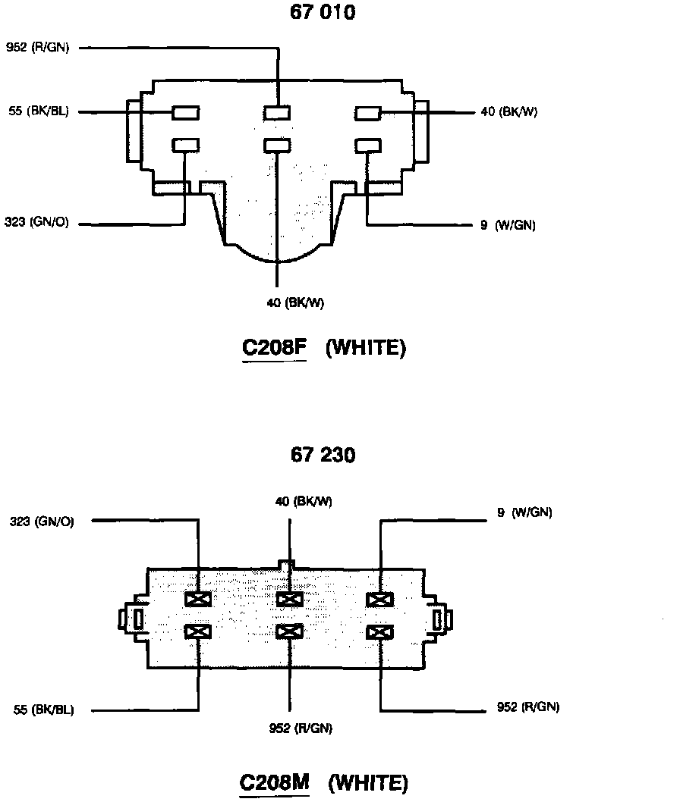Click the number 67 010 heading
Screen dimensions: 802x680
(x=322, y=13)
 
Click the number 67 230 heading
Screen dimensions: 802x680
(x=322, y=456)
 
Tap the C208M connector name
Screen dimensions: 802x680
(x=275, y=782)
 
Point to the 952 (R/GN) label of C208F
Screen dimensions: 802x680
(x=37, y=48)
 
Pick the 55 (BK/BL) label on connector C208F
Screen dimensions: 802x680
(x=37, y=112)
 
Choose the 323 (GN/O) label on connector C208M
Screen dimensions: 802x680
(x=42, y=522)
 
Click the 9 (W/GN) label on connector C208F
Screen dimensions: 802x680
(x=508, y=225)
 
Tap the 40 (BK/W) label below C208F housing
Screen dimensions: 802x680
(x=295, y=303)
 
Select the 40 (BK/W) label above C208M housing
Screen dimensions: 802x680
(x=304, y=501)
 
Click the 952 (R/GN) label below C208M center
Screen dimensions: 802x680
(x=301, y=728)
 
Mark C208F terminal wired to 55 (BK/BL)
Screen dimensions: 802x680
(x=186, y=113)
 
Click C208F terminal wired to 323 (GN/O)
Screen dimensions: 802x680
(x=186, y=144)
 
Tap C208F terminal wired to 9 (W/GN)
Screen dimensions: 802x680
(x=368, y=145)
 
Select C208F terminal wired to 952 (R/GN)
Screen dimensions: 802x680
(x=277, y=113)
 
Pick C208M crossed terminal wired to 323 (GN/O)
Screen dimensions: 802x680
(x=198, y=600)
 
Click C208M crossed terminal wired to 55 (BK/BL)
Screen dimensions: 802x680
(x=198, y=631)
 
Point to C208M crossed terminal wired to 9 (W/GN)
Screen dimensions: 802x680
(x=379, y=600)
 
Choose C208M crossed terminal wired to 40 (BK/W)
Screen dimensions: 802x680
(x=289, y=600)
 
